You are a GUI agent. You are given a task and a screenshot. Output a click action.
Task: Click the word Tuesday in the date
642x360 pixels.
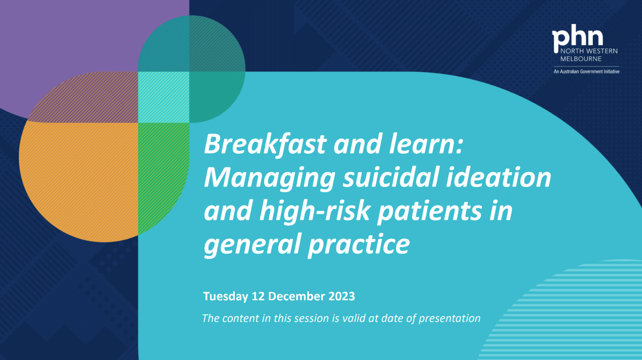pyautogui.click(x=225, y=296)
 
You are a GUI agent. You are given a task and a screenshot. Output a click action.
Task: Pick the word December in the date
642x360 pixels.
pyautogui.click(x=298, y=296)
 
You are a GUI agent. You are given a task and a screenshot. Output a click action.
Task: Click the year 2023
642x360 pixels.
pyautogui.click(x=342, y=296)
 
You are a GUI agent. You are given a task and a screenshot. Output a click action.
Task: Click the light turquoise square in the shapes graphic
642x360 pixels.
pyautogui.click(x=164, y=97)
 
